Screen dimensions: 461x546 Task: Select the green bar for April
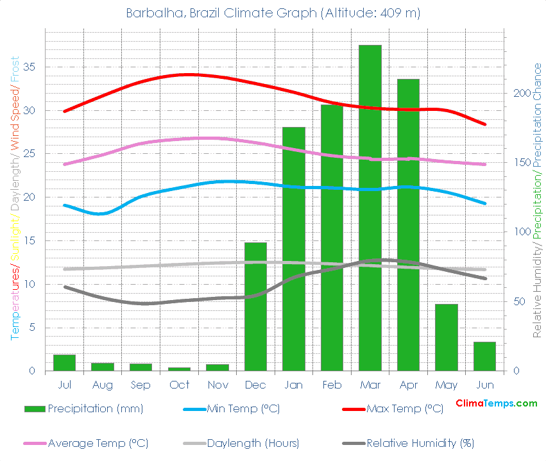click(x=408, y=224)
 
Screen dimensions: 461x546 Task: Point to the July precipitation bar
click(x=64, y=363)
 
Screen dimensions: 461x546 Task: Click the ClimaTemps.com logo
click(x=496, y=403)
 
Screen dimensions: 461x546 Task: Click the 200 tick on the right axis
click(x=521, y=93)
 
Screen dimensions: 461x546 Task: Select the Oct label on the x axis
click(x=179, y=385)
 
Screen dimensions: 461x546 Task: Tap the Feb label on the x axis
click(x=332, y=385)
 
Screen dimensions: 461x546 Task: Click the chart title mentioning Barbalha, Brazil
click(x=273, y=13)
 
